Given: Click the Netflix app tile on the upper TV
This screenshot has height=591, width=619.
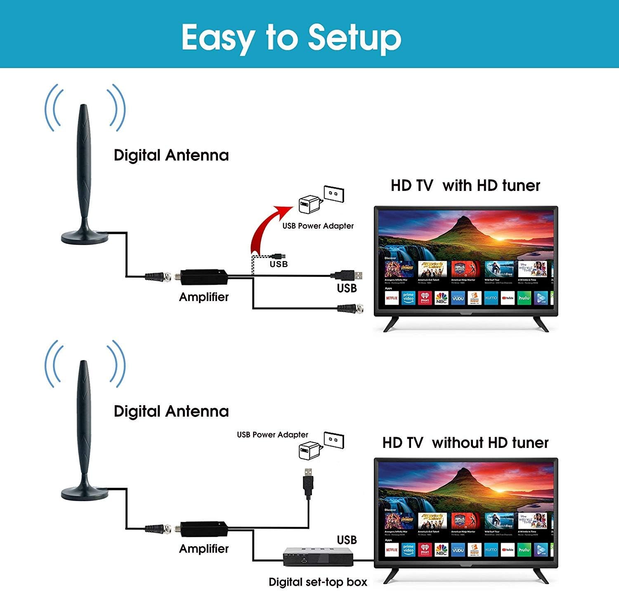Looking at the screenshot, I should click(392, 298).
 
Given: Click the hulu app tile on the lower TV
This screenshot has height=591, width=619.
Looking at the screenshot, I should click(524, 550).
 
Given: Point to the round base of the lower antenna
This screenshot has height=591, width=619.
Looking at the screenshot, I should click(85, 493).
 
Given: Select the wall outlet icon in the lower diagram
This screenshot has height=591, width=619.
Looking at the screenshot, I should click(334, 440).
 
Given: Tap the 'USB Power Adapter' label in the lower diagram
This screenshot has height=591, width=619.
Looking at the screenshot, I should click(272, 435).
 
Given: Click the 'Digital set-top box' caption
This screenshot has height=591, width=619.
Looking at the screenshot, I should click(318, 582).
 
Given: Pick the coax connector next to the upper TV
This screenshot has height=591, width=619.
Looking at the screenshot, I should click(351, 308).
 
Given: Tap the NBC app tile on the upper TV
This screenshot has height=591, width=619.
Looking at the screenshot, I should click(441, 298).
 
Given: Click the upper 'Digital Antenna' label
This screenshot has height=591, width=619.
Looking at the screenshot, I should click(171, 155).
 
